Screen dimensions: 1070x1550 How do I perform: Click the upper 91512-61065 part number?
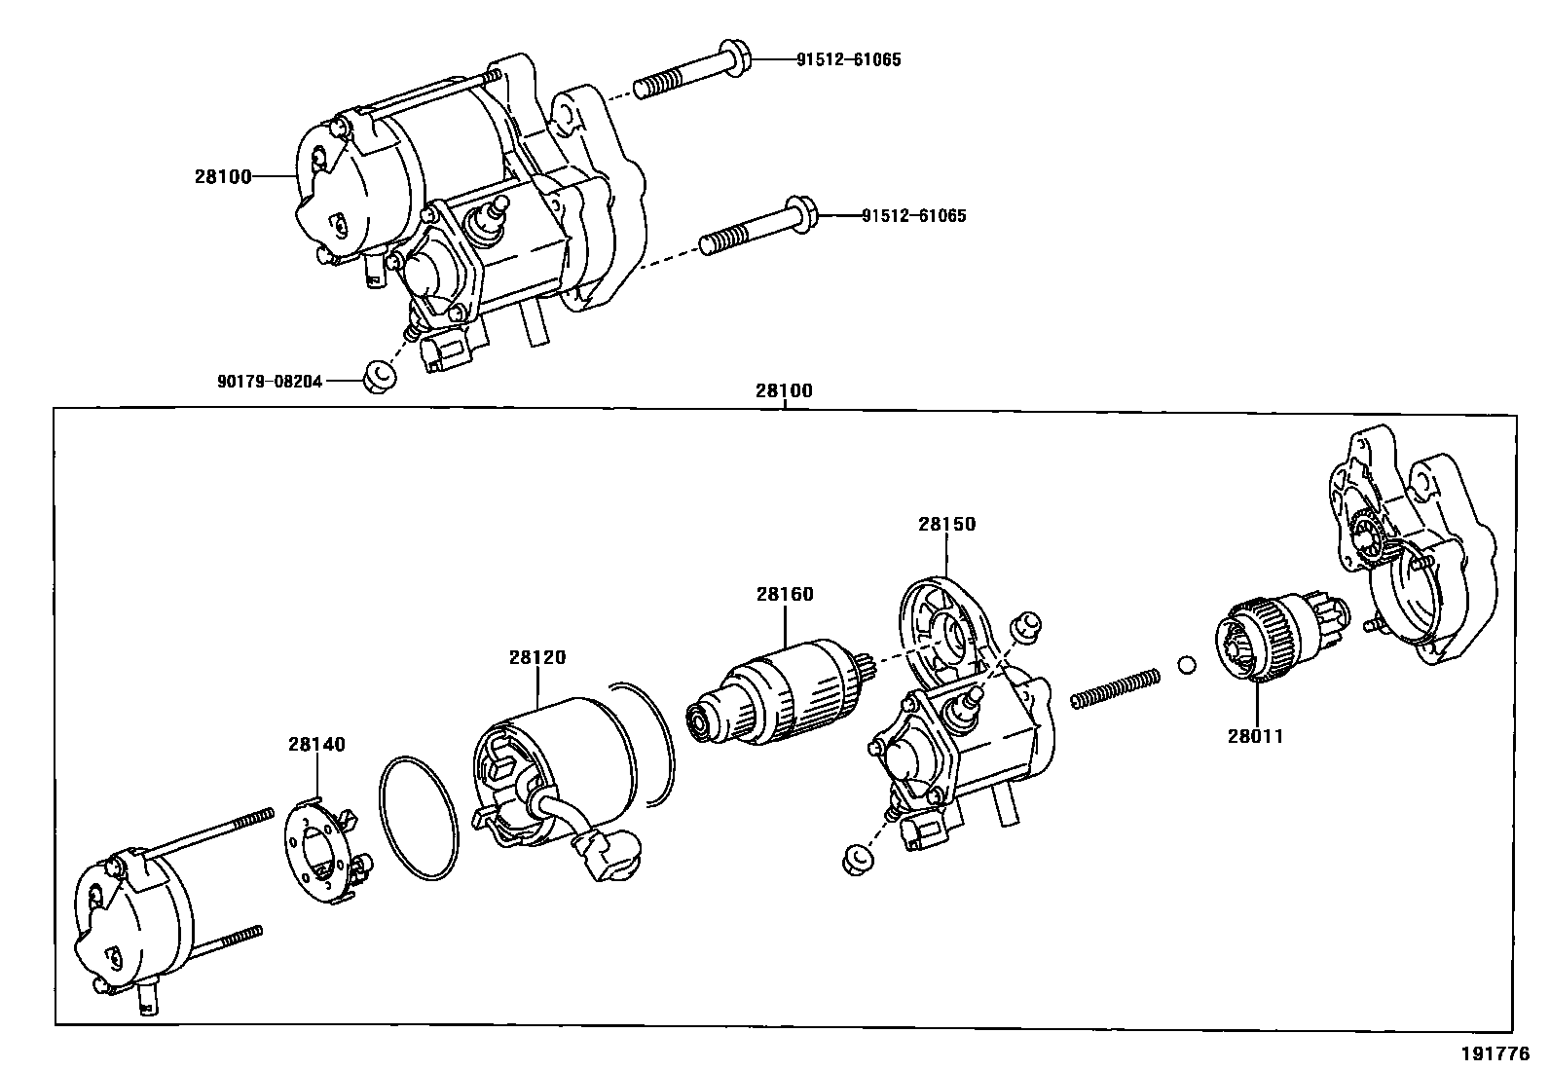(x=848, y=59)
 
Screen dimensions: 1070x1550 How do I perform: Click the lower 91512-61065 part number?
(x=913, y=216)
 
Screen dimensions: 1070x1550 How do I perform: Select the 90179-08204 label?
(x=270, y=382)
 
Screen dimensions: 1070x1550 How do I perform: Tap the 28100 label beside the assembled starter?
(x=223, y=176)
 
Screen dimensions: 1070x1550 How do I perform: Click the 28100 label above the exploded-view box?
(x=783, y=391)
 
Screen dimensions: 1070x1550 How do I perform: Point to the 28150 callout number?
(x=945, y=524)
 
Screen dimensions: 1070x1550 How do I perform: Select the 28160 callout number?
(x=785, y=594)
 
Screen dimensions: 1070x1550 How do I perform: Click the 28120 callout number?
(x=536, y=657)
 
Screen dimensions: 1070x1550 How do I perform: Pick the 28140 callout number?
(x=316, y=745)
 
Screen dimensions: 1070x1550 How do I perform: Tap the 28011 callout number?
(x=1255, y=736)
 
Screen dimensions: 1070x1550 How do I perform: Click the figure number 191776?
(x=1495, y=1054)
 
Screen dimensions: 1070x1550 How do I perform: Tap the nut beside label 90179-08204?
(x=379, y=376)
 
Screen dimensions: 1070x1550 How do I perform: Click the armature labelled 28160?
(x=784, y=693)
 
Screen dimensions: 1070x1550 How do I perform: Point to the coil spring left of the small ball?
(x=1115, y=687)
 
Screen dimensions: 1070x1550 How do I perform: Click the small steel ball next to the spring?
(x=1185, y=666)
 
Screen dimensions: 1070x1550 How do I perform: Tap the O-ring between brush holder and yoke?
(x=418, y=818)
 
